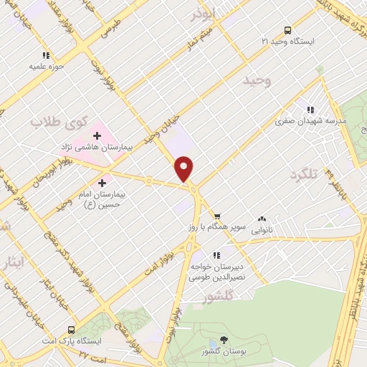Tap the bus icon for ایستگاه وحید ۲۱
coord(287,30)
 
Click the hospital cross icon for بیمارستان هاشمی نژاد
coord(97,135)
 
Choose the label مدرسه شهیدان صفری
coord(310,121)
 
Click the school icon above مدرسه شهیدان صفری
coord(310,110)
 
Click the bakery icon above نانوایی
coord(262,219)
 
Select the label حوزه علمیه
coord(43,66)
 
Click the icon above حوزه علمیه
coord(46,54)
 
